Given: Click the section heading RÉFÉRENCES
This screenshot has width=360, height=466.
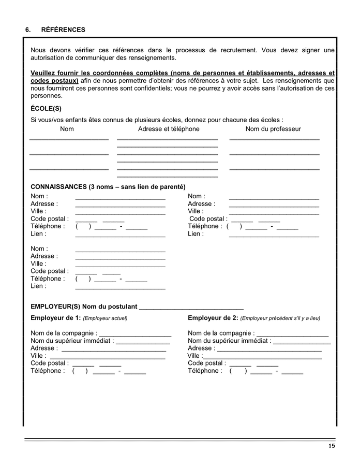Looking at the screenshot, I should tap(63, 30).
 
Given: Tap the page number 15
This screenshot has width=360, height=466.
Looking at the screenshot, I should tap(332, 446).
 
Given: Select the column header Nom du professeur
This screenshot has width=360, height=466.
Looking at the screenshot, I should tap(273, 129).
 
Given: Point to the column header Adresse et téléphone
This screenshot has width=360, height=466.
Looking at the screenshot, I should tap(169, 129).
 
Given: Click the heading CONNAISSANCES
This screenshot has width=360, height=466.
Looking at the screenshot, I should tap(59, 186).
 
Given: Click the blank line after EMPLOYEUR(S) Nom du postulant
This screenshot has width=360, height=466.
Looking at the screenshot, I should tap(191, 308).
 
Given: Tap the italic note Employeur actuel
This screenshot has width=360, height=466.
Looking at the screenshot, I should tap(105, 318).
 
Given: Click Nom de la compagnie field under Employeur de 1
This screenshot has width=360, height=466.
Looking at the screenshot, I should tap(135, 334).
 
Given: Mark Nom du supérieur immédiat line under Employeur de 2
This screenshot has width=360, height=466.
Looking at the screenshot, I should tap(302, 342).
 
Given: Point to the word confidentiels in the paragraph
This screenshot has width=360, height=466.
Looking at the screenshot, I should tap(138, 89).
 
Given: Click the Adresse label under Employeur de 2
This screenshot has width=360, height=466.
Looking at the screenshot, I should tap(200, 348).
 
